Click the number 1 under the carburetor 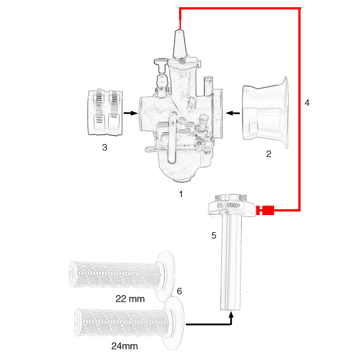pos(181,194)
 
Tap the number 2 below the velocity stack pos(269,154)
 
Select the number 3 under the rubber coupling pos(104,147)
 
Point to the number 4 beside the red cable pos(307,103)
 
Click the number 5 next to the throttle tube pos(214,235)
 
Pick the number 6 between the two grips pos(179,291)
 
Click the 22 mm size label pos(130,299)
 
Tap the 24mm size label pos(124,346)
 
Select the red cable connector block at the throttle pos(268,210)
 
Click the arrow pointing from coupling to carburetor pos(130,113)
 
